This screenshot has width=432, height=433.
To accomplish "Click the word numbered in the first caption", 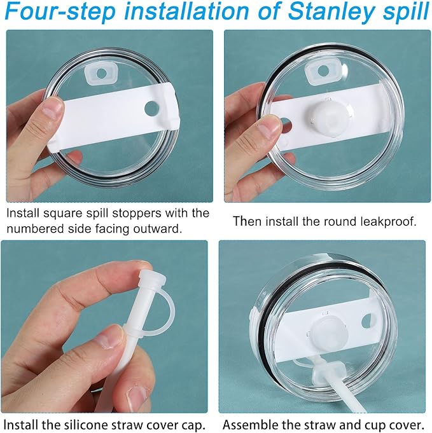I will [35, 227].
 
